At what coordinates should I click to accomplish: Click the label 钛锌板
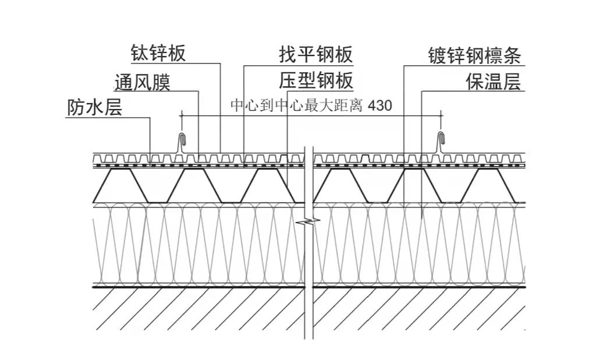[158, 54]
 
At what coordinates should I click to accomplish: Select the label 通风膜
[143, 82]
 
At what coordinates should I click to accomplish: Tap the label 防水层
[95, 108]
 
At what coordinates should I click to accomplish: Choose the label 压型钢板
[316, 81]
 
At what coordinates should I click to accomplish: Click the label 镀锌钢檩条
[474, 55]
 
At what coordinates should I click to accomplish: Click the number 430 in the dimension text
[381, 107]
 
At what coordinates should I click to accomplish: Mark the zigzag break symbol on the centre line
[309, 221]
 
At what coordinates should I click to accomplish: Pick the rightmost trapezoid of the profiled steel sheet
[487, 185]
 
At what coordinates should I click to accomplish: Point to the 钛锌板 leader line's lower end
[221, 153]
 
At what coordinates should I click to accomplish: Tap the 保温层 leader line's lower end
[421, 218]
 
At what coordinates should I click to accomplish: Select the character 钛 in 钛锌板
[139, 54]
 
